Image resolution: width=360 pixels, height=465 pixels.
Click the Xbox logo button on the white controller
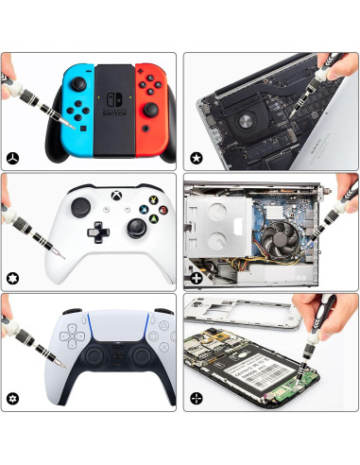coord(117,190)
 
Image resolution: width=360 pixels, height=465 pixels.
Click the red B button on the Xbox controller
coord(163,211)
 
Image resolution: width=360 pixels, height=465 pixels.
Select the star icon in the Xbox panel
coord(12,278)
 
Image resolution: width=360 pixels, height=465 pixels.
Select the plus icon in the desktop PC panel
coord(196,278)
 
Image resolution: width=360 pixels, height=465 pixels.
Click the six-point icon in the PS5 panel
coord(12,398)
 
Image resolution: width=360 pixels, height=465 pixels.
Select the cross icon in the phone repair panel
coord(196,398)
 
